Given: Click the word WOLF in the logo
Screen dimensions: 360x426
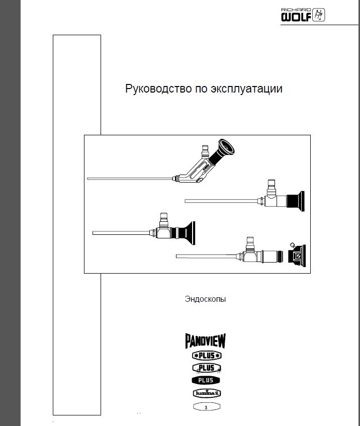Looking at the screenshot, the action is click(x=296, y=17).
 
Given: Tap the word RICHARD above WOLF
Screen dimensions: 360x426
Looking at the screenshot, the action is click(x=296, y=10).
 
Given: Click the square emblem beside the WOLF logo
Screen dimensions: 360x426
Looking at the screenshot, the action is click(x=318, y=15).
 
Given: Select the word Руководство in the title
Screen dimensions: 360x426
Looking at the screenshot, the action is click(x=158, y=89).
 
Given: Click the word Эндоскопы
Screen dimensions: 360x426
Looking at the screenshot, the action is click(x=205, y=299).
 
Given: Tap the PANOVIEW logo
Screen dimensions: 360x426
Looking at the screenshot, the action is click(x=206, y=341).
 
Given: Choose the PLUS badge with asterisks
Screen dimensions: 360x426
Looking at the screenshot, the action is click(x=207, y=356).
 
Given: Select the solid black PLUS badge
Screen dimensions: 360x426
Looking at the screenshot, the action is click(x=206, y=380).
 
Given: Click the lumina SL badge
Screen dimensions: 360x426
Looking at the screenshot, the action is click(x=207, y=393).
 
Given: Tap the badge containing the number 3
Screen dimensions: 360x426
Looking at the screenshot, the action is click(x=207, y=407).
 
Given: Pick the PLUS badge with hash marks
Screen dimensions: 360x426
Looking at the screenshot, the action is click(x=207, y=368).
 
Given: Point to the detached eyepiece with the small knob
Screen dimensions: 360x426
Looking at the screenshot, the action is click(x=297, y=255).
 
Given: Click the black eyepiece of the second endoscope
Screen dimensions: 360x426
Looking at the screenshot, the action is click(x=295, y=201).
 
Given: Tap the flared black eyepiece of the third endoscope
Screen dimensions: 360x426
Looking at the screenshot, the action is click(x=187, y=233).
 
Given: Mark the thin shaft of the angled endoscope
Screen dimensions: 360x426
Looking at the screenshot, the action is click(x=130, y=179).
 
